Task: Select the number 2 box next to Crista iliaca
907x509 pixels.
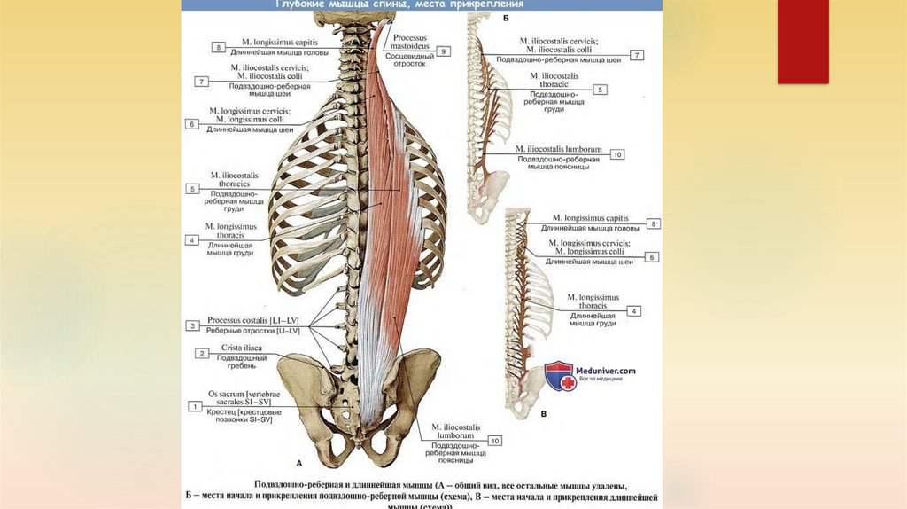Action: click(x=202, y=354)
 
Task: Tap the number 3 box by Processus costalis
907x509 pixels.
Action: click(x=191, y=325)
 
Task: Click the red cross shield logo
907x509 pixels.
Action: click(x=559, y=374)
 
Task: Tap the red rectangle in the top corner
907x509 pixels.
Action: click(x=802, y=42)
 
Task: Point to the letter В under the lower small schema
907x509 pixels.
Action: click(x=542, y=413)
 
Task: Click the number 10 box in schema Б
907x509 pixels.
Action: click(x=617, y=154)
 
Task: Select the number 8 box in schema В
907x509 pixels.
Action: click(x=654, y=223)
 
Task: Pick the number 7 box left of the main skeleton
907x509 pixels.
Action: click(x=202, y=82)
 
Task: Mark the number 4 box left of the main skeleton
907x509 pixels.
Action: click(x=190, y=239)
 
